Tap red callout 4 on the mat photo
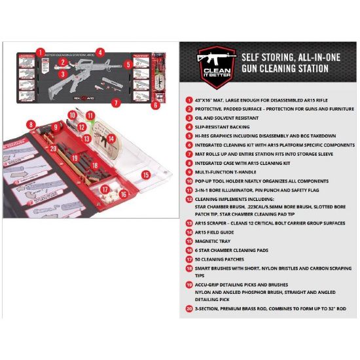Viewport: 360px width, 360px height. pyautogui.click(x=99, y=52)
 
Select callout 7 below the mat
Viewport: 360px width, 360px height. pyautogui.click(x=116, y=103)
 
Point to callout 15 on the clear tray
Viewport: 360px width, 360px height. pyautogui.click(x=146, y=175)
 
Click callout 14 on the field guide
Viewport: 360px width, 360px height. pyautogui.click(x=111, y=139)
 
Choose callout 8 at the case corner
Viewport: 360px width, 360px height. pyautogui.click(x=31, y=124)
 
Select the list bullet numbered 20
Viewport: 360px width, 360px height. pyautogui.click(x=189, y=307)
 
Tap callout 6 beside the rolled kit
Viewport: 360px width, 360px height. pyautogui.click(x=155, y=104)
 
